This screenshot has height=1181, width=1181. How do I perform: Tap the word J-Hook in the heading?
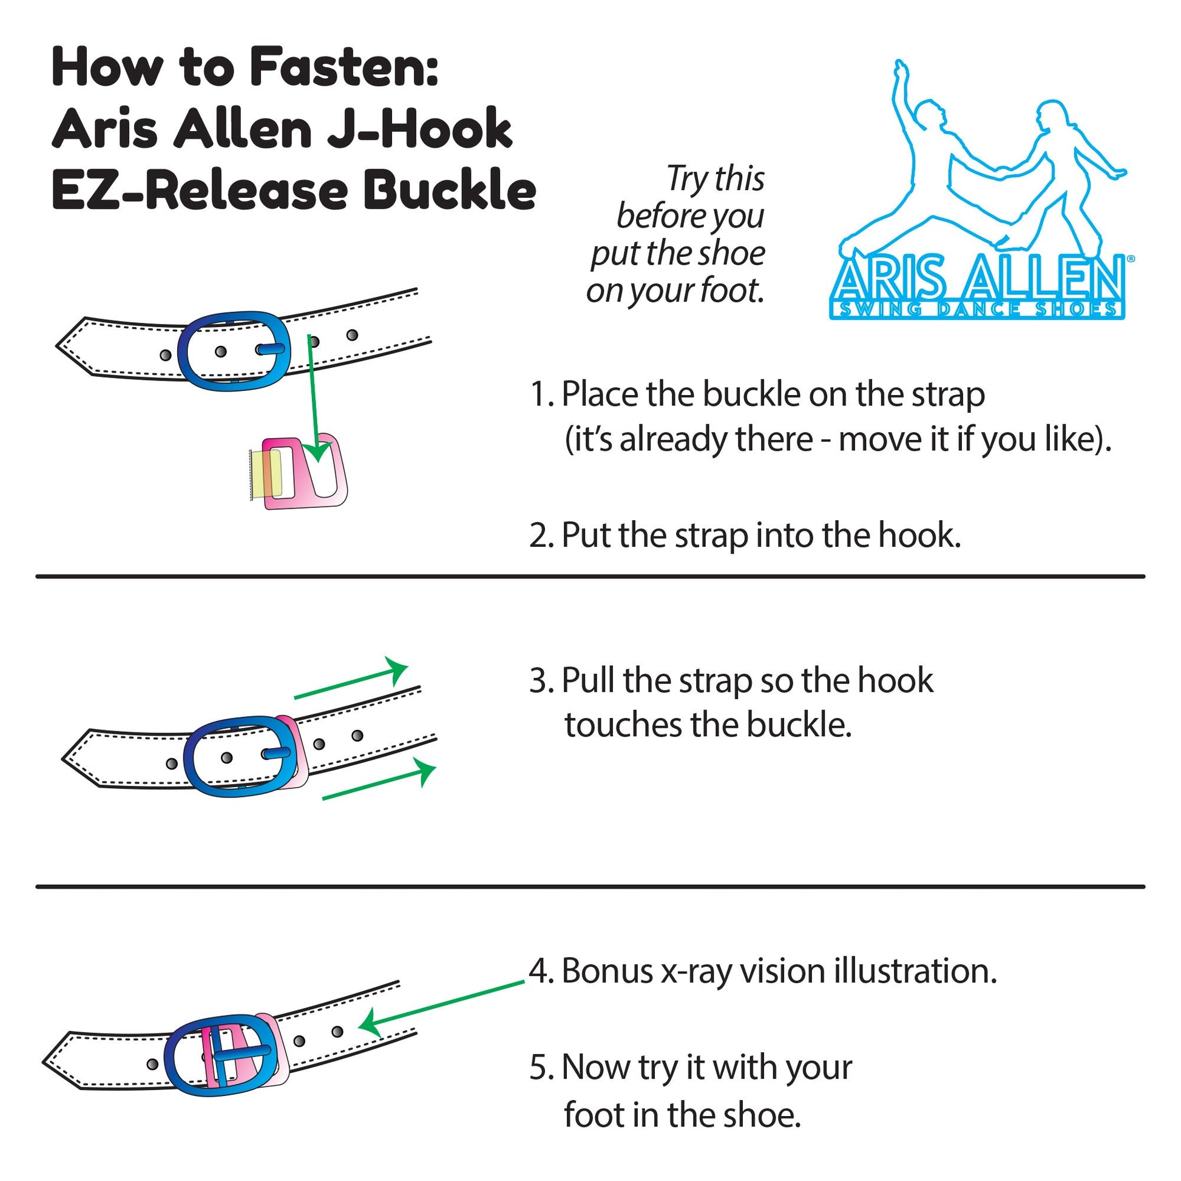[x=419, y=130]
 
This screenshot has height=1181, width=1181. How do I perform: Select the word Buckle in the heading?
[x=448, y=190]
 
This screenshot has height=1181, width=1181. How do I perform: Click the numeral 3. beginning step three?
[x=541, y=680]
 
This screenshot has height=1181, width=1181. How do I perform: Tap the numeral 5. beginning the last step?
[x=541, y=1068]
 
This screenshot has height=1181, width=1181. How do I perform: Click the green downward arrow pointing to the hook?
[x=314, y=398]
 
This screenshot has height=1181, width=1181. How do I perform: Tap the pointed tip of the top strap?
[x=57, y=345]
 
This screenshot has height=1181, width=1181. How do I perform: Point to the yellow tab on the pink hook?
[x=268, y=473]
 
